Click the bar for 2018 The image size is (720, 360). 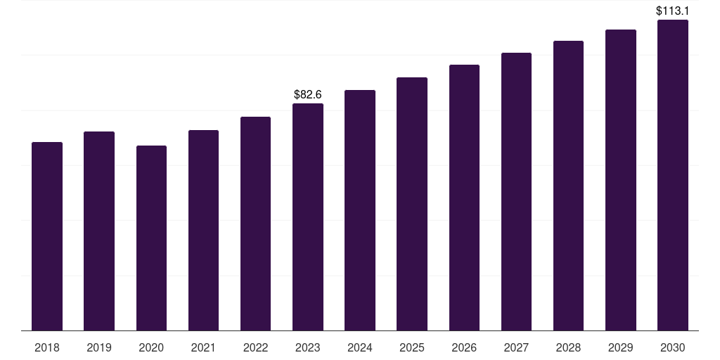(47, 236)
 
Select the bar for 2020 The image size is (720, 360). (151, 238)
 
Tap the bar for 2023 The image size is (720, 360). (308, 217)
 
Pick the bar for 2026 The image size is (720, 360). (464, 198)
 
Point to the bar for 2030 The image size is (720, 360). (673, 175)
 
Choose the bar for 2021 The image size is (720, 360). (203, 231)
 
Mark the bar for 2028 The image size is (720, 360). (568, 186)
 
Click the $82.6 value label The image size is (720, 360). (308, 94)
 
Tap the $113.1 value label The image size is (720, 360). (673, 11)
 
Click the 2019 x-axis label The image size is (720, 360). (99, 347)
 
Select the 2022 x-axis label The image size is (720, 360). (255, 347)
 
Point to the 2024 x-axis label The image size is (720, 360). (360, 347)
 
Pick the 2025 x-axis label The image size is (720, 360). (412, 347)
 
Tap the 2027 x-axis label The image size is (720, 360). (516, 347)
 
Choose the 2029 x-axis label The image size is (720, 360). (620, 347)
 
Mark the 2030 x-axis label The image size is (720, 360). (673, 347)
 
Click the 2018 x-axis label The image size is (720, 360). (47, 347)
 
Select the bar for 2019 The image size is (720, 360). (99, 231)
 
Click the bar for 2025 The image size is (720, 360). (412, 204)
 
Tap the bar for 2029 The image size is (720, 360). (620, 180)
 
